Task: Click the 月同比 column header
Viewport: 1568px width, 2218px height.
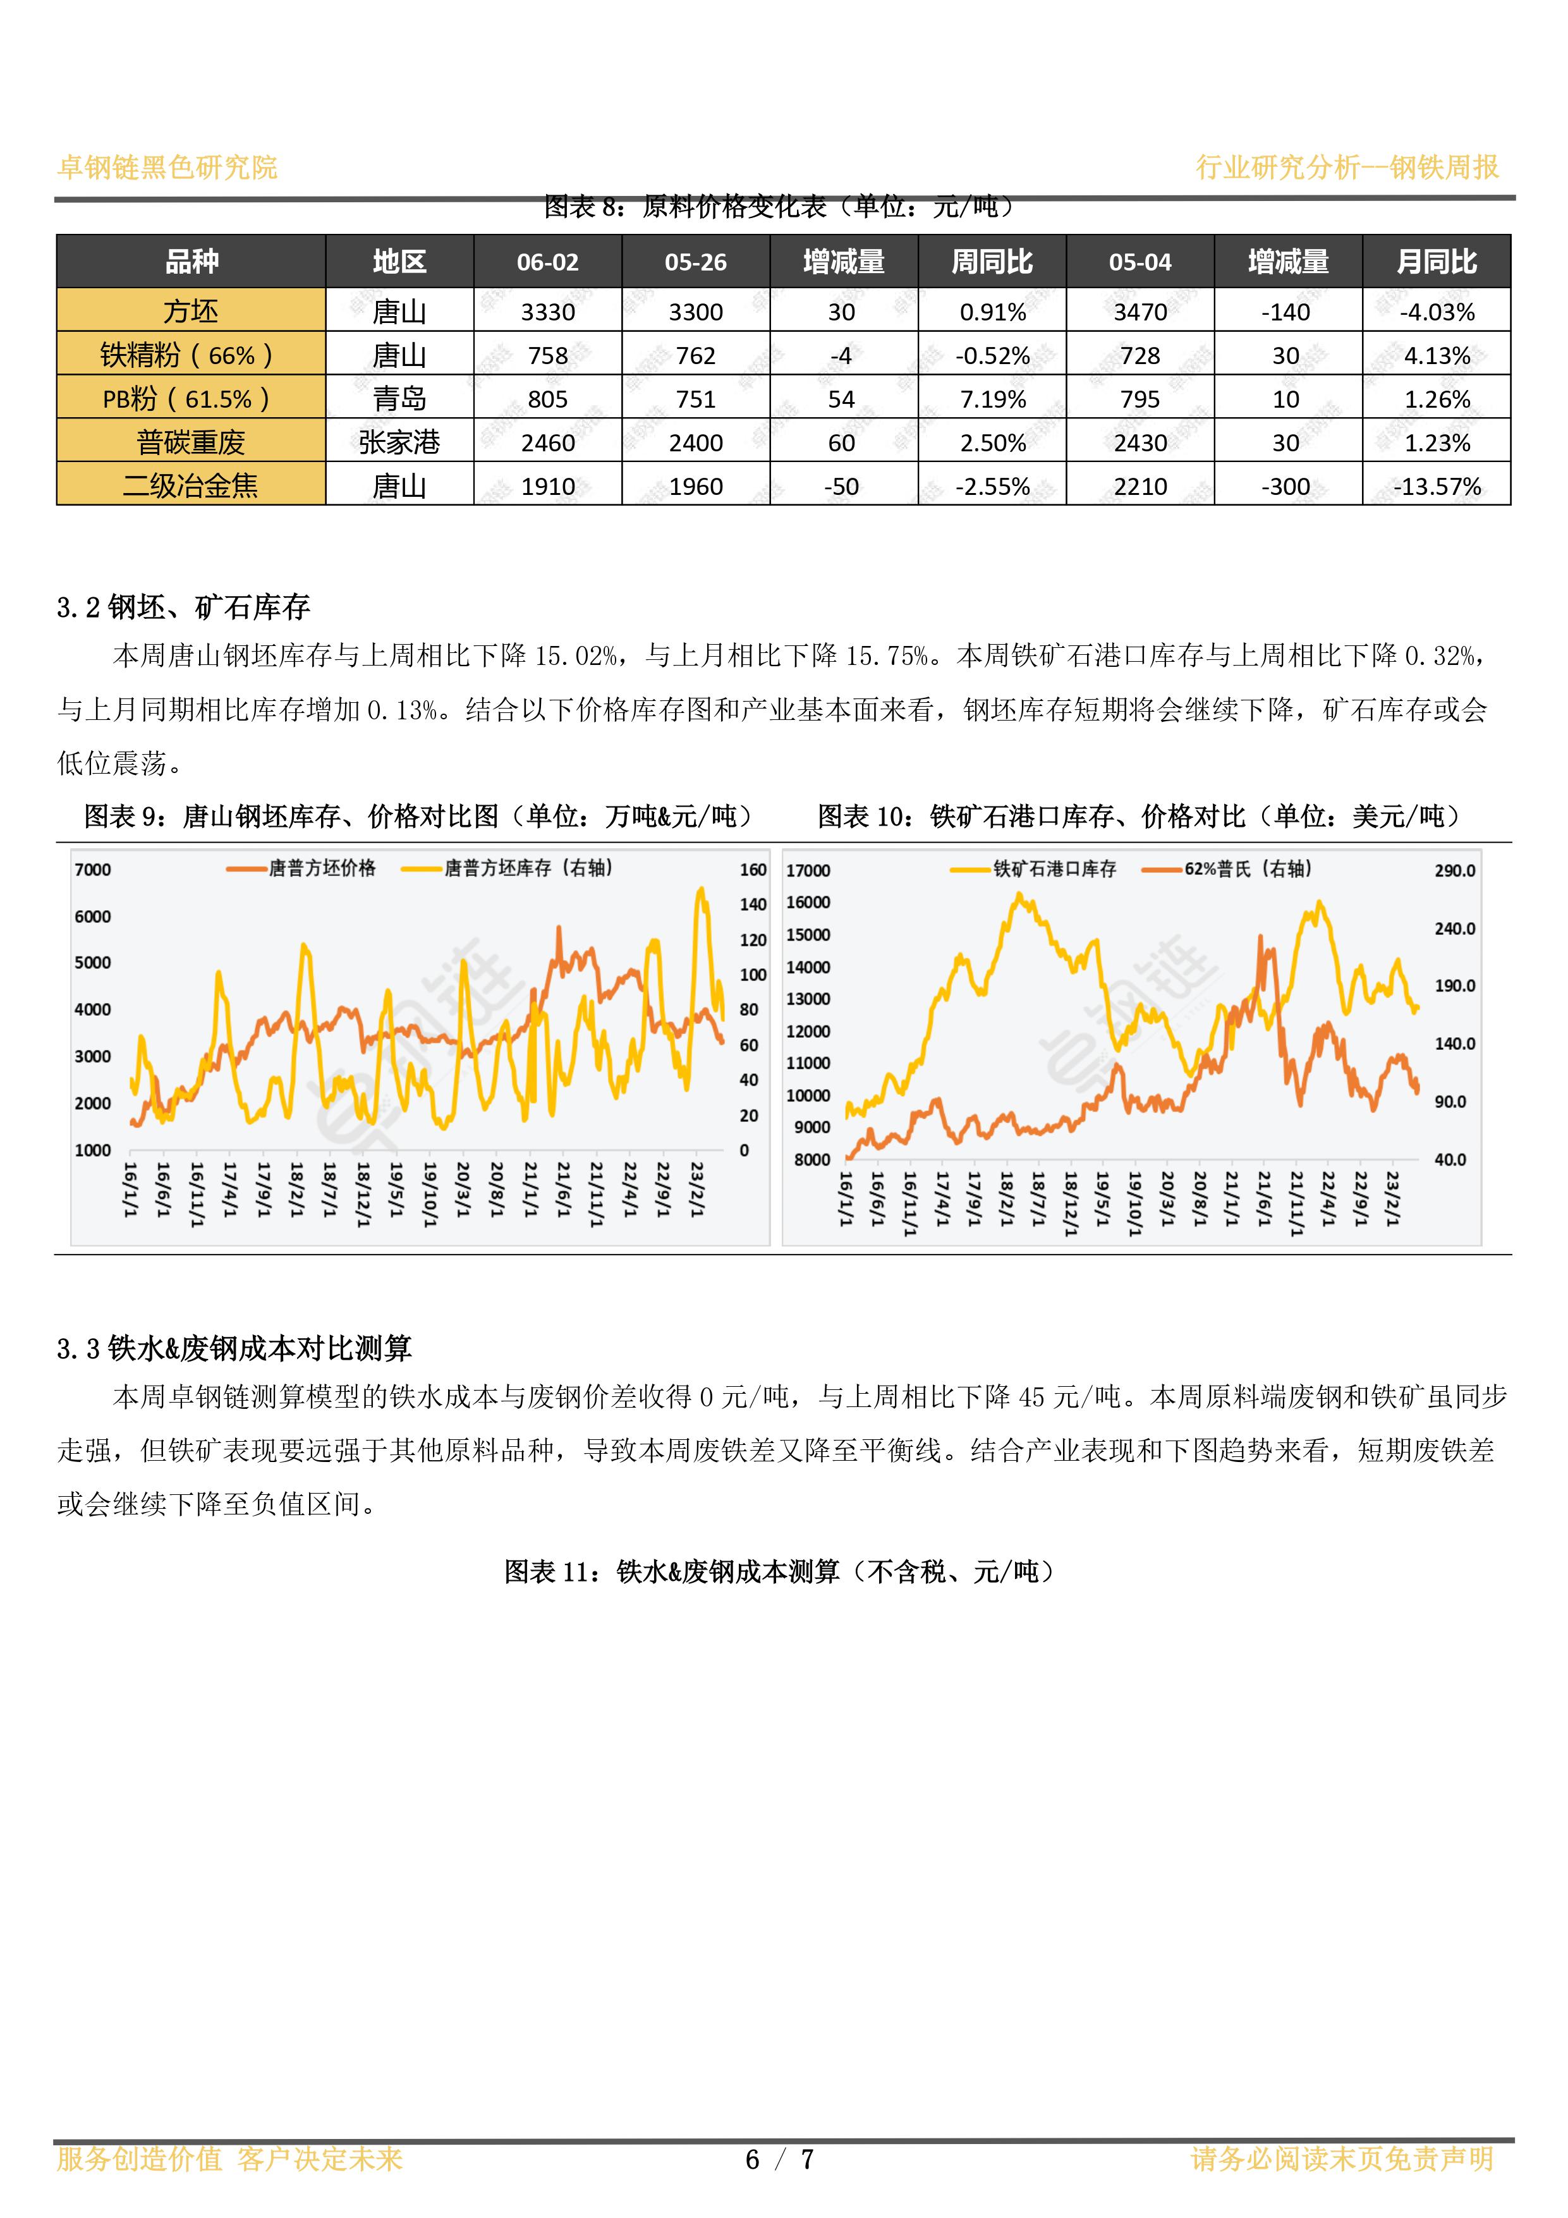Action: (1436, 262)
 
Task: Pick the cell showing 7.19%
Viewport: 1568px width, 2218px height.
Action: (992, 399)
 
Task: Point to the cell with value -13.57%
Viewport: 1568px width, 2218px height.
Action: (1437, 486)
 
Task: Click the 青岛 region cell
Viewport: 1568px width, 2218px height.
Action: (399, 399)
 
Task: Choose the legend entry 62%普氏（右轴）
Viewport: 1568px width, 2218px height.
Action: (1227, 869)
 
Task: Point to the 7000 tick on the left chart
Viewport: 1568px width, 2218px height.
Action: (93, 869)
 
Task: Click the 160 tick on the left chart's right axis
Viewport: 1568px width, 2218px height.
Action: (753, 869)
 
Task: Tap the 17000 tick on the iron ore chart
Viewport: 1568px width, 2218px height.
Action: (808, 870)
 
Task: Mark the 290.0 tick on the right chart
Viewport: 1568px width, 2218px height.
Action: (1455, 870)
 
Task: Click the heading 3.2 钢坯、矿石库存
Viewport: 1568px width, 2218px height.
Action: (183, 607)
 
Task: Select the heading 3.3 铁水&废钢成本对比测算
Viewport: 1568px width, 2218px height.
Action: (234, 1348)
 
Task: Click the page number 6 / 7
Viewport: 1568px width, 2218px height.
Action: (780, 2159)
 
